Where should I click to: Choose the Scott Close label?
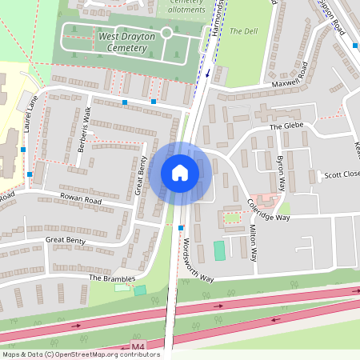click(x=338, y=175)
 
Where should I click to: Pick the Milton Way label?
click(x=252, y=243)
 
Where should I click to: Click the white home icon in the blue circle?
click(x=180, y=173)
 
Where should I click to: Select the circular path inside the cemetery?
click(x=166, y=33)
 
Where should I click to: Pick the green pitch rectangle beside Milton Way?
click(x=219, y=250)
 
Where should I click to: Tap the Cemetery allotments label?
click(x=186, y=6)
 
